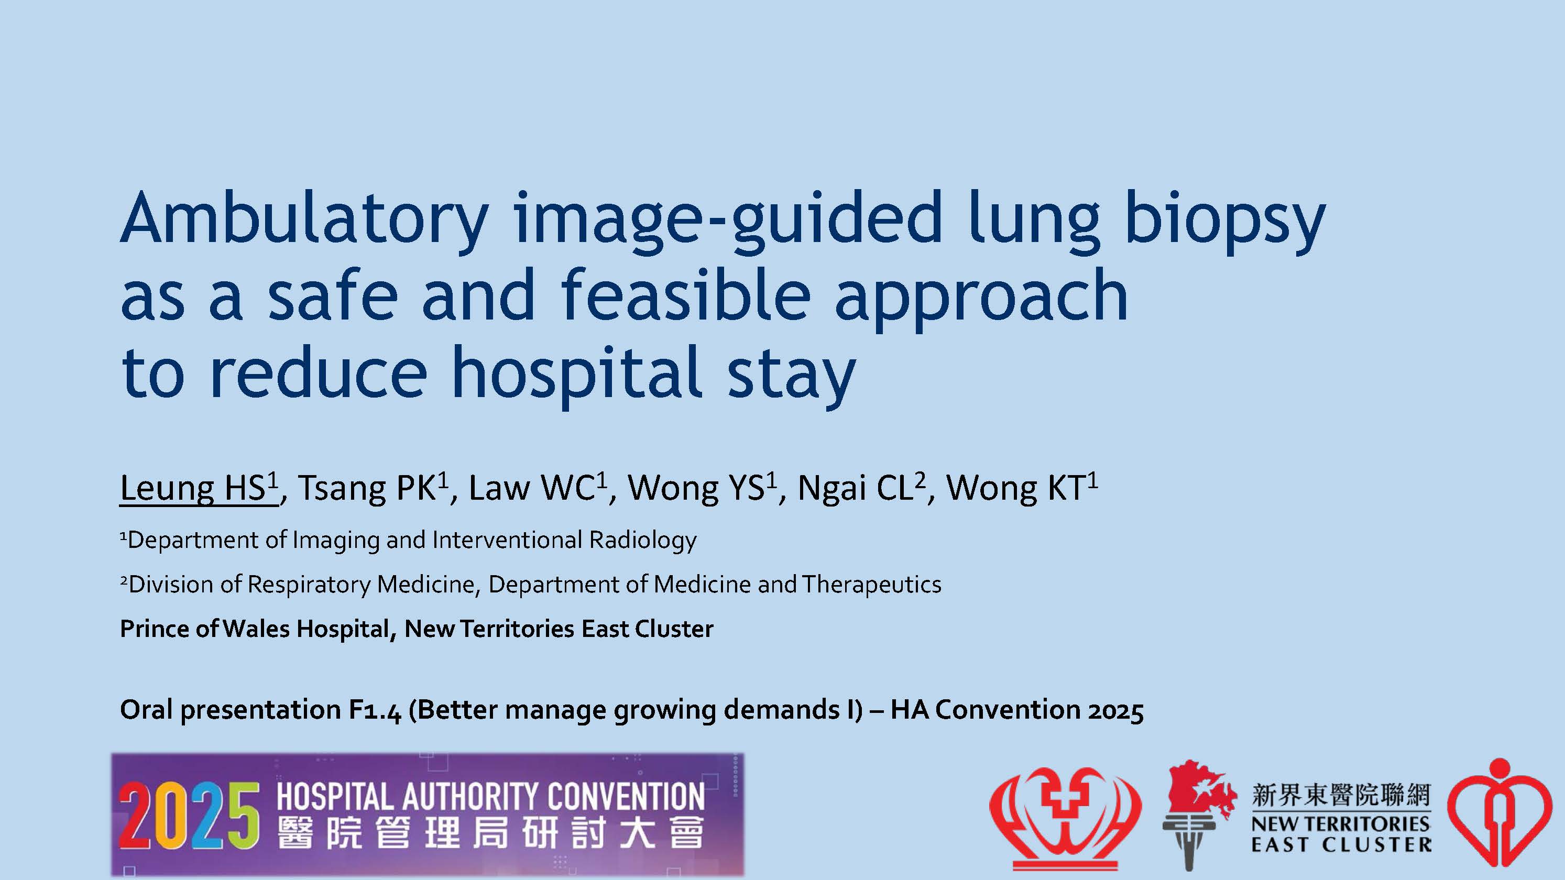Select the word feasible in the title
tap(685, 296)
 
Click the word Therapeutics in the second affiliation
tap(872, 584)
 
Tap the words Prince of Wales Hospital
tap(255, 629)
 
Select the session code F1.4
tap(375, 710)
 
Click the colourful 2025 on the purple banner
tap(189, 816)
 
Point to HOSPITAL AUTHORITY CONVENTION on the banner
tap(491, 796)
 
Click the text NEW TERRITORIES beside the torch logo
tap(1340, 824)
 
